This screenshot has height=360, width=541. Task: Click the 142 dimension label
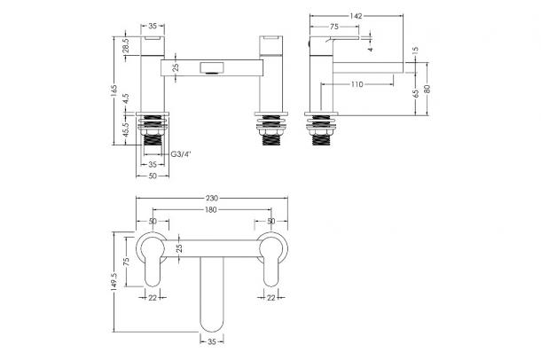356,16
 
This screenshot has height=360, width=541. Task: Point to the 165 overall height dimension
115,90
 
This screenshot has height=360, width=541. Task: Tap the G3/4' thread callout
181,154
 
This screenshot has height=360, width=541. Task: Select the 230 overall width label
212,199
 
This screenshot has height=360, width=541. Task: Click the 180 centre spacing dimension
211,209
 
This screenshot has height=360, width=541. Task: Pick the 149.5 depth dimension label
115,282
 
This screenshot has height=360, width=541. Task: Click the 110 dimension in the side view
357,84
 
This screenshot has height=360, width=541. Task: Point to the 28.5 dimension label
126,45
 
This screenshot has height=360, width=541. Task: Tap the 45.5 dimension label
126,130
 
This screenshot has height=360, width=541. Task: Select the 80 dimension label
427,89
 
